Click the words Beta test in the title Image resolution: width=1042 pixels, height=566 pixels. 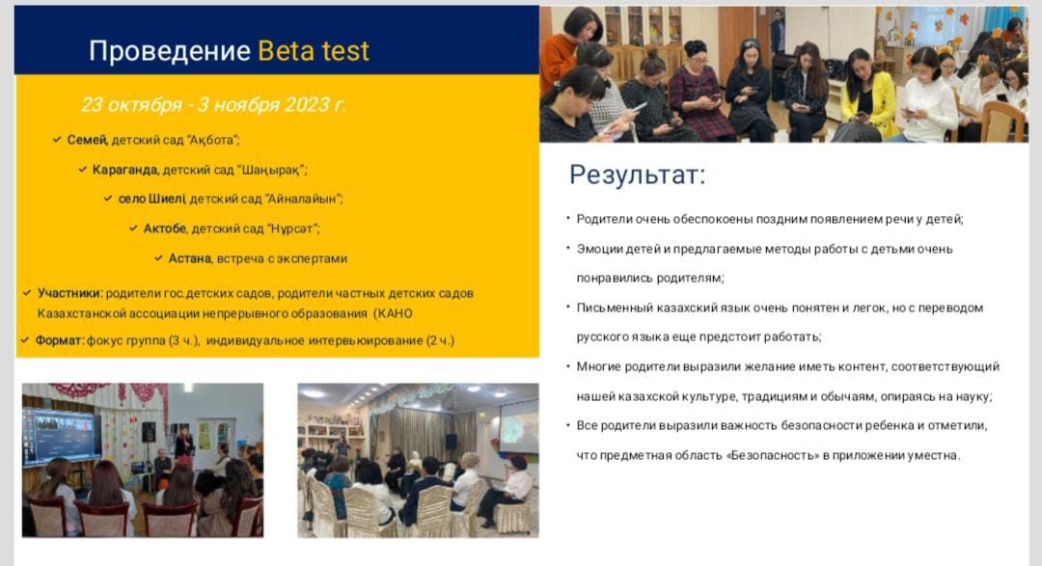[313, 50]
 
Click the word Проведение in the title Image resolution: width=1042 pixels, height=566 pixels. [170, 51]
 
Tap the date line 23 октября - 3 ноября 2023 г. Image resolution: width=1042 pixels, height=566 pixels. [213, 104]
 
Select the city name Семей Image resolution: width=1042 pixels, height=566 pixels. [87, 140]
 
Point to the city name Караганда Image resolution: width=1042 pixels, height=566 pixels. [125, 170]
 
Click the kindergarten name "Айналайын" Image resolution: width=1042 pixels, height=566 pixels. [303, 199]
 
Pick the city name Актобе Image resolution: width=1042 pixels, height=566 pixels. [166, 229]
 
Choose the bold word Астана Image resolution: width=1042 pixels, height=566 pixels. [190, 258]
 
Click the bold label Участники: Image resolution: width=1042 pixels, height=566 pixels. [69, 293]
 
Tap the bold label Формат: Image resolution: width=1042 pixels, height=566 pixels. [60, 340]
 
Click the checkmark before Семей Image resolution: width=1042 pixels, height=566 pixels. [57, 140]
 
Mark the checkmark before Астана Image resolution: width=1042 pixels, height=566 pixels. [158, 257]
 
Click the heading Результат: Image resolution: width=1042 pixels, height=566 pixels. [637, 175]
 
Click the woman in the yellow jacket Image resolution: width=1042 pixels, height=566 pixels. [866, 96]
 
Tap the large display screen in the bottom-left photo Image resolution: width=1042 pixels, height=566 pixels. [62, 437]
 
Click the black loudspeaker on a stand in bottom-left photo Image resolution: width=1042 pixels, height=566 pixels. [149, 432]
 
